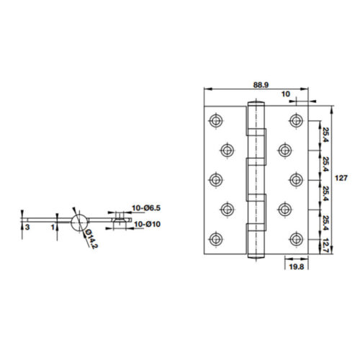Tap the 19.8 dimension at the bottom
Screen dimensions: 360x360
297,266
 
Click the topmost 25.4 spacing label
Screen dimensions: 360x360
325,134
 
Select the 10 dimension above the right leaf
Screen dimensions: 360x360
286,94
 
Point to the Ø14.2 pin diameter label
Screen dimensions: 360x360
90,238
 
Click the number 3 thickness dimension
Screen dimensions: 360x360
27,227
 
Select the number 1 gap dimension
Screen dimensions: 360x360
53,227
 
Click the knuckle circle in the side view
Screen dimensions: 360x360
79,220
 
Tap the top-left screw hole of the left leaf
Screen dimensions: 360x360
215,119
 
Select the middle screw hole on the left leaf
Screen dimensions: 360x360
215,179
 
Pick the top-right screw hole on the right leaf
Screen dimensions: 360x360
294,119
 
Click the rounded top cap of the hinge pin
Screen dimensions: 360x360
254,104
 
